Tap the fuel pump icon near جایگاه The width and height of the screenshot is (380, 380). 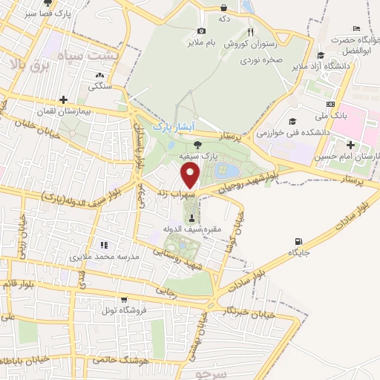299,241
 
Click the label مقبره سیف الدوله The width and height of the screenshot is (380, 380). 193,231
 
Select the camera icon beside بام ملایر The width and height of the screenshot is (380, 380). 201,31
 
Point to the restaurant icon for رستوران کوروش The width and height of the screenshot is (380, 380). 250,31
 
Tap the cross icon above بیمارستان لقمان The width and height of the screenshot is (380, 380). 64,99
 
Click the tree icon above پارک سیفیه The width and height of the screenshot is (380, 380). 197,145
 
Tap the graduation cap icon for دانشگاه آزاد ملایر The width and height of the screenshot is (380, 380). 320,55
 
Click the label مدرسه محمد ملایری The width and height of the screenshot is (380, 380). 105,257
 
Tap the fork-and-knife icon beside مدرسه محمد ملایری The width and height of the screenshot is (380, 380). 104,244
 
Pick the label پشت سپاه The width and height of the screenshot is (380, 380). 111,56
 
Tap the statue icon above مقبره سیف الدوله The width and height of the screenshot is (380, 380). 193,218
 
